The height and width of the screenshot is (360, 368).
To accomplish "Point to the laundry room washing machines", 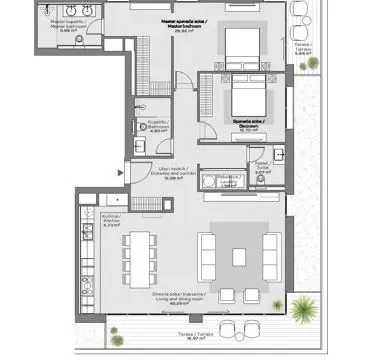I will tap(214, 181).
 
